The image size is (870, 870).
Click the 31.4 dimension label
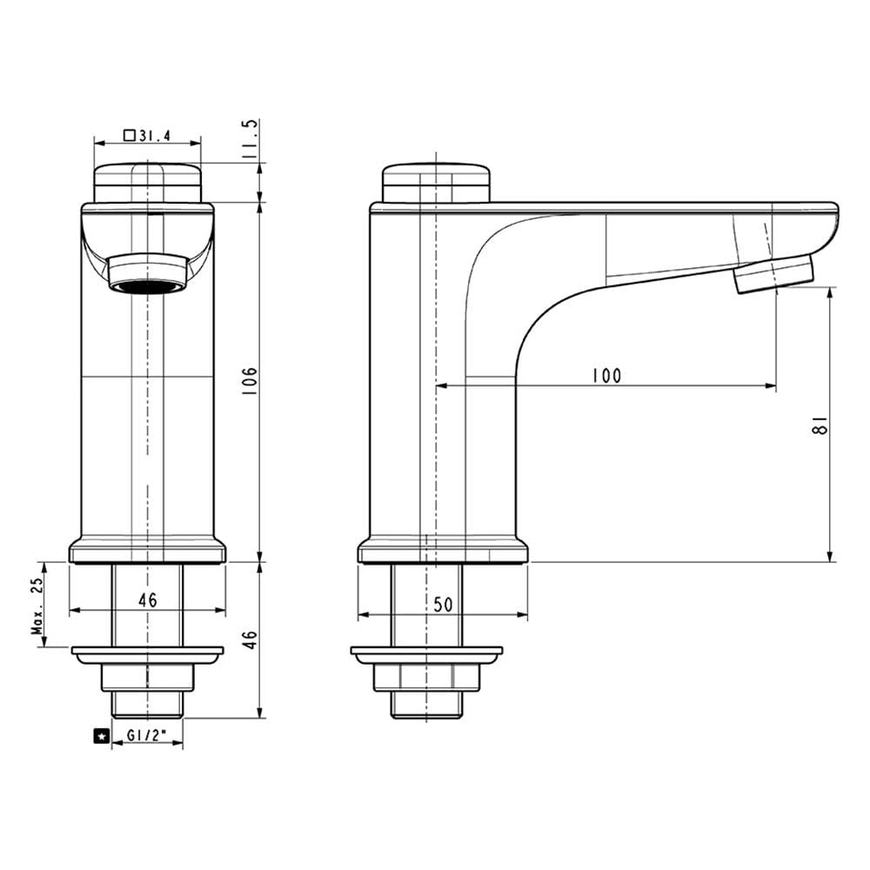[x=154, y=135]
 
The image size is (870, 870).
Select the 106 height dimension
[x=250, y=380]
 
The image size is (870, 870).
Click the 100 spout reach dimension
[x=606, y=376]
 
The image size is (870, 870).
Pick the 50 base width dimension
[x=443, y=605]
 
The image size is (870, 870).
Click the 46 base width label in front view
[x=148, y=599]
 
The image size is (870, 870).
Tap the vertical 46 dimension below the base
[x=251, y=639]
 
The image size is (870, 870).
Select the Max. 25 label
[x=37, y=606]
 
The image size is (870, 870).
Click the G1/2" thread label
[x=147, y=736]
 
